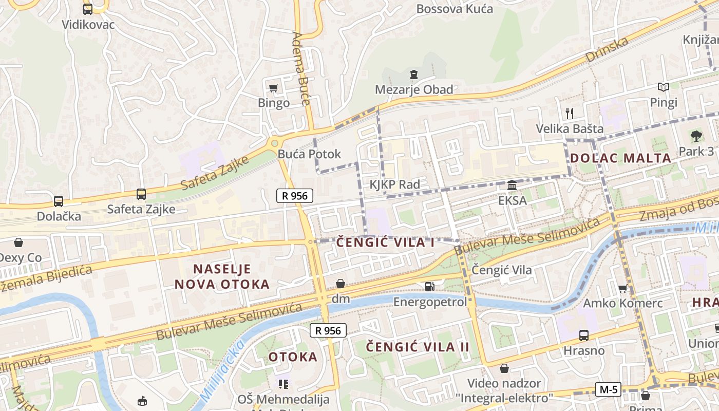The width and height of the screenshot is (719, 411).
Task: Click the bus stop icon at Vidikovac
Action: pyautogui.click(x=88, y=9)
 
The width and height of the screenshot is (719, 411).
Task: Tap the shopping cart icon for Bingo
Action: pyautogui.click(x=274, y=88)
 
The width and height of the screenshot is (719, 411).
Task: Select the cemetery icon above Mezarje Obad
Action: pyautogui.click(x=414, y=74)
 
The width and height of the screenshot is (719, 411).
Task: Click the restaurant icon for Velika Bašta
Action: pyautogui.click(x=569, y=113)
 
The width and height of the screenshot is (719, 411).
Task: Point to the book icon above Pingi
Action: pyautogui.click(x=664, y=87)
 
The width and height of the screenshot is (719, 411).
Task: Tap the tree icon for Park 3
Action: pyautogui.click(x=696, y=136)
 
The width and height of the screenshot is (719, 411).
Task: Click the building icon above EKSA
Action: pyautogui.click(x=512, y=185)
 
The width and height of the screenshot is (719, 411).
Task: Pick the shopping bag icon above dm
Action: pyautogui.click(x=340, y=284)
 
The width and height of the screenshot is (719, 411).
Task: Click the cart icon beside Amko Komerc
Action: pyautogui.click(x=623, y=289)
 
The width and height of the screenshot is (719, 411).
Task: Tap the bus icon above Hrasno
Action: pyautogui.click(x=584, y=335)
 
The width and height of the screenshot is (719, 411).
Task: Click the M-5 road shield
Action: pyautogui.click(x=608, y=389)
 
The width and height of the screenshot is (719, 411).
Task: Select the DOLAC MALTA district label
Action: pyautogui.click(x=621, y=158)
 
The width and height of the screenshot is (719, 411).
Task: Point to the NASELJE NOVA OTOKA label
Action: pyautogui.click(x=222, y=276)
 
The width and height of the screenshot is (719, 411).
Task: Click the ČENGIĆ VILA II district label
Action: pyautogui.click(x=418, y=347)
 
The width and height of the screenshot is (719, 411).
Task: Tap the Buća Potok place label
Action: pyautogui.click(x=309, y=154)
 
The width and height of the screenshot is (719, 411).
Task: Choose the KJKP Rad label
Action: pyautogui.click(x=394, y=184)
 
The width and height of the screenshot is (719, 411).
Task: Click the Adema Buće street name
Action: pyautogui.click(x=301, y=68)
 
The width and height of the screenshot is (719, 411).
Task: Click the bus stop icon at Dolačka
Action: pyautogui.click(x=59, y=201)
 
